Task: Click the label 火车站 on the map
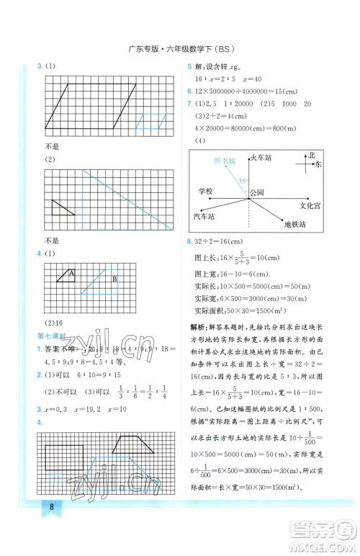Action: point(258,156)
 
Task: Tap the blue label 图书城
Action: point(225,161)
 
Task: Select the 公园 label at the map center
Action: point(257,193)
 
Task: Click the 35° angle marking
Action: point(243,181)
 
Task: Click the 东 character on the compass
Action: point(318,165)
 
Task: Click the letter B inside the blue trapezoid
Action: point(114,279)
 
